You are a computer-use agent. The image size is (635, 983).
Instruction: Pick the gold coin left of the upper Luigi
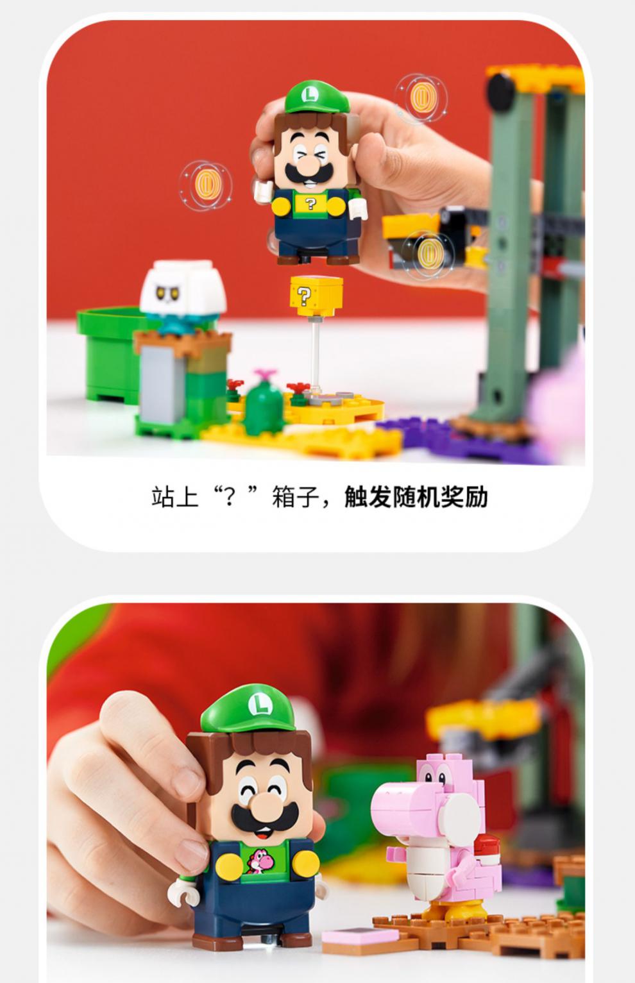point(206,183)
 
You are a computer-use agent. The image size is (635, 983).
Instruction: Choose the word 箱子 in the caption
point(296,497)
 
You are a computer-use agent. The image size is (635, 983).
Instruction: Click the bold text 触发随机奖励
point(416,497)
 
